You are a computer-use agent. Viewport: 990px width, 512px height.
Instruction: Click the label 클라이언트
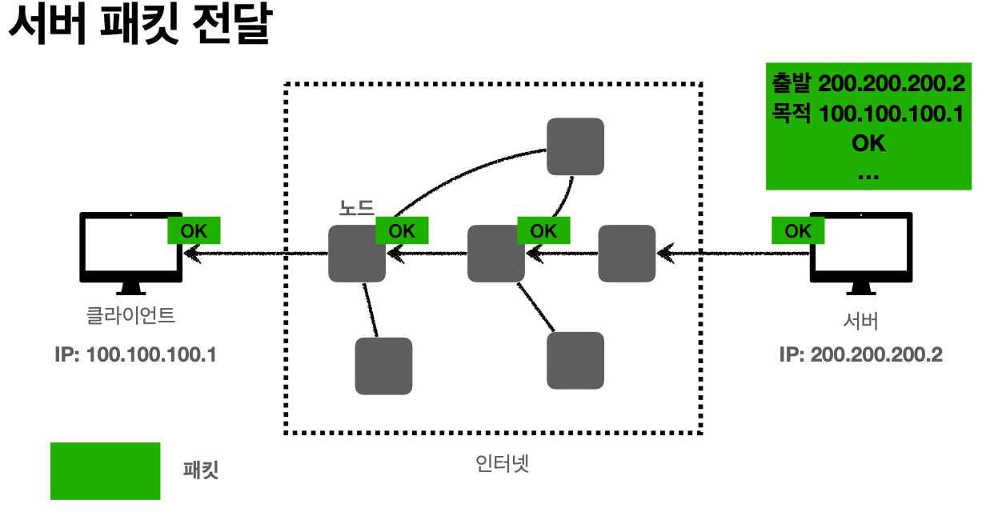pos(130,315)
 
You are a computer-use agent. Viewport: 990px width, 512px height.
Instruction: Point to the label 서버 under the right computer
pos(861,322)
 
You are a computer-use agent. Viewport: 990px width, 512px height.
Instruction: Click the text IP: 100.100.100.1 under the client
pos(135,354)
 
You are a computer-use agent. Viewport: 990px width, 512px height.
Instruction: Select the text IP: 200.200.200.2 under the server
pos(860,354)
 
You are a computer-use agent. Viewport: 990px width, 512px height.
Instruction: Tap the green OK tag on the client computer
pos(194,231)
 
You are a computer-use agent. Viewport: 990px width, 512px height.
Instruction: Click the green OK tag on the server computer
pos(798,231)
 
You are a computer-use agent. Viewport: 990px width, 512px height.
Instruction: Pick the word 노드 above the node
pos(356,208)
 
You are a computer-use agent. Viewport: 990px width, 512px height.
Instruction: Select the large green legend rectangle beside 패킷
pos(105,470)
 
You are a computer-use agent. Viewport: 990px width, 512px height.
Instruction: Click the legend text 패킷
pos(201,470)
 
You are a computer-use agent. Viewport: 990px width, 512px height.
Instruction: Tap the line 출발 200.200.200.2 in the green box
pos(868,83)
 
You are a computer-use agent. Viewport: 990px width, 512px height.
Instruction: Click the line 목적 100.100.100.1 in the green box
pos(868,114)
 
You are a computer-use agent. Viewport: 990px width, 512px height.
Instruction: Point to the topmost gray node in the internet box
pos(575,146)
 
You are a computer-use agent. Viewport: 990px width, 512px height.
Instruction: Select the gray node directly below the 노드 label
pos(357,254)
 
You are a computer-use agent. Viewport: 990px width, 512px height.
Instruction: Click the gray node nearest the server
pos(627,254)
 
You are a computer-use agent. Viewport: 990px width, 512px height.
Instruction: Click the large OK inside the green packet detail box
pos(868,143)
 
